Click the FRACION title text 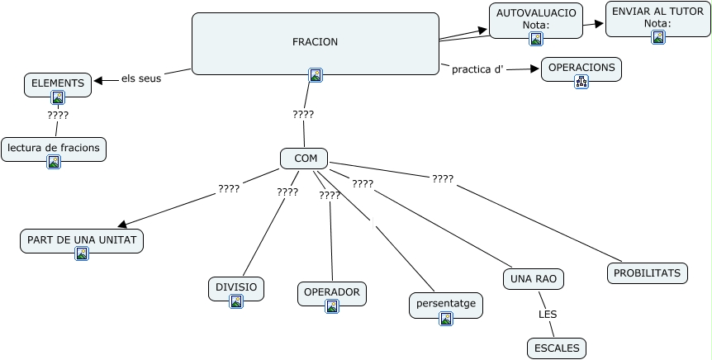315,42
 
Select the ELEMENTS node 58,83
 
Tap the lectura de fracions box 54,149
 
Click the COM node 305,158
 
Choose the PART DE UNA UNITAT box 82,240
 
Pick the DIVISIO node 236,287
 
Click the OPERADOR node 331,292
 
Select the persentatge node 446,304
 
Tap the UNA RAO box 534,280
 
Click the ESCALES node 557,348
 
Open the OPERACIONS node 581,68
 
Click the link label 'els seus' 141,79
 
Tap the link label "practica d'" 477,69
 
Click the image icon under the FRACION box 315,75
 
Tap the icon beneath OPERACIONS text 581,81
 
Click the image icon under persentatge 446,318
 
